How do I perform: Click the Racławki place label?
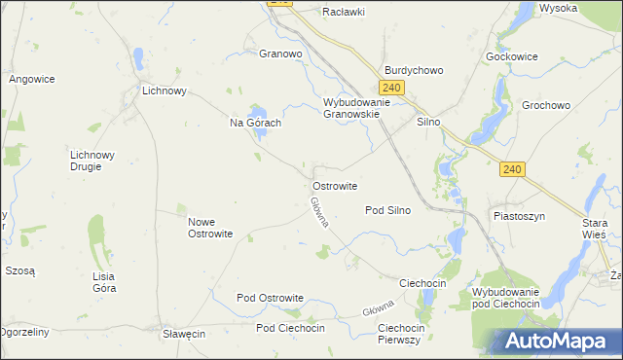(345, 13)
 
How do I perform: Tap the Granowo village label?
(280, 54)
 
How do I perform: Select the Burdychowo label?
(414, 71)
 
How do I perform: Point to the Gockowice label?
(511, 56)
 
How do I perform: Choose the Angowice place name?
(31, 79)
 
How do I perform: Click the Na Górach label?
(255, 123)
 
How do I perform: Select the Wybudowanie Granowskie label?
(356, 107)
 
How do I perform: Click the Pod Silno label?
(387, 210)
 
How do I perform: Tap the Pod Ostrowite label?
(271, 298)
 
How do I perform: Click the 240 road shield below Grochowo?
(513, 169)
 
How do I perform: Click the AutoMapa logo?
(558, 342)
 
